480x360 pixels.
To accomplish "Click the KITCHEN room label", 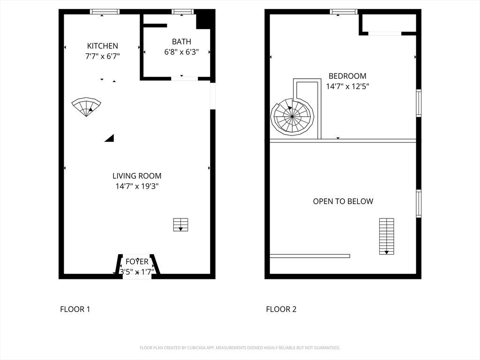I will pos(103,46).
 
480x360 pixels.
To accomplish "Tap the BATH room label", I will pos(181,42).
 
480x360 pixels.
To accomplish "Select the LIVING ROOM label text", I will pos(137,176).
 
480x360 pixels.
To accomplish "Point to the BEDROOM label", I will pos(347,76).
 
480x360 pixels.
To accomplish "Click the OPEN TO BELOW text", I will pos(343,201).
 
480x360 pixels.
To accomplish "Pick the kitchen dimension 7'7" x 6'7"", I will pos(103,56).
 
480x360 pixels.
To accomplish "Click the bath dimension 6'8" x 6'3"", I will pos(181,52).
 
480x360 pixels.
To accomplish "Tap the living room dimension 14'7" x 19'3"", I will pos(137,186).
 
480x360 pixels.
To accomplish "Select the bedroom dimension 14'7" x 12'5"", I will pos(347,86).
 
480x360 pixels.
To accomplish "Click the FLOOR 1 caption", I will pos(75,309).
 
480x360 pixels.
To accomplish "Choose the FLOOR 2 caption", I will pos(281,309).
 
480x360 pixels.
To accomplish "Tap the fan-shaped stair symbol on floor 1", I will pos(86,106).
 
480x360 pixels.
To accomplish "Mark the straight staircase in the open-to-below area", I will pos(387,236).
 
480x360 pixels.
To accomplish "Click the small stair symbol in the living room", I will pos(180,225).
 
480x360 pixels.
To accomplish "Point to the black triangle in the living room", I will pos(110,138).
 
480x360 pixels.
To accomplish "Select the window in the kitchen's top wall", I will pos(105,12).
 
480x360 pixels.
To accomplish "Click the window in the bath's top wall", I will pos(183,12).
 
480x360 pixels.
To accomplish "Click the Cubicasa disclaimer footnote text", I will pos(240,348).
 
